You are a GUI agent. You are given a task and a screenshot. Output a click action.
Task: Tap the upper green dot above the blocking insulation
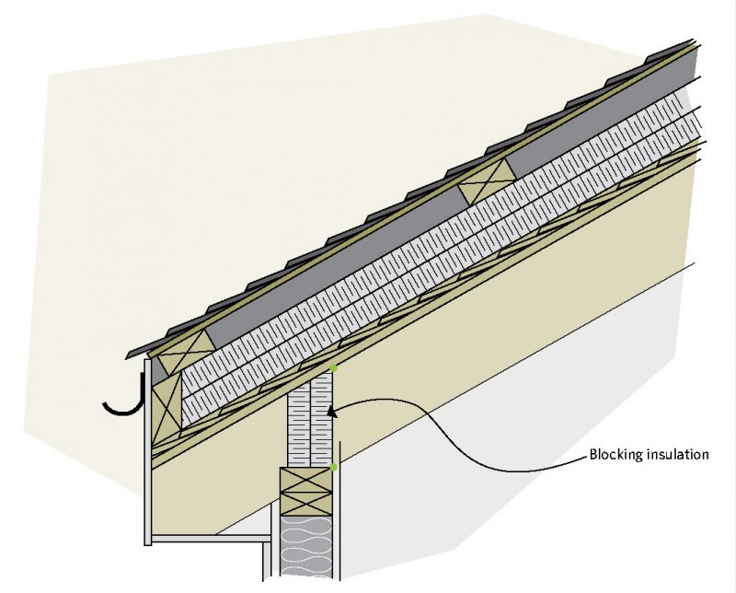click(333, 368)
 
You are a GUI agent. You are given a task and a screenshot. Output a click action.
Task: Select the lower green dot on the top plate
click(333, 467)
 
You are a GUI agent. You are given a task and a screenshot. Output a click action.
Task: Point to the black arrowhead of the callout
click(332, 413)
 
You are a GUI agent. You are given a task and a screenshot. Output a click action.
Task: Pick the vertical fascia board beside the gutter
click(147, 452)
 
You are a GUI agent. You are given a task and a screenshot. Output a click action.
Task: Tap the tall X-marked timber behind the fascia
click(167, 408)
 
